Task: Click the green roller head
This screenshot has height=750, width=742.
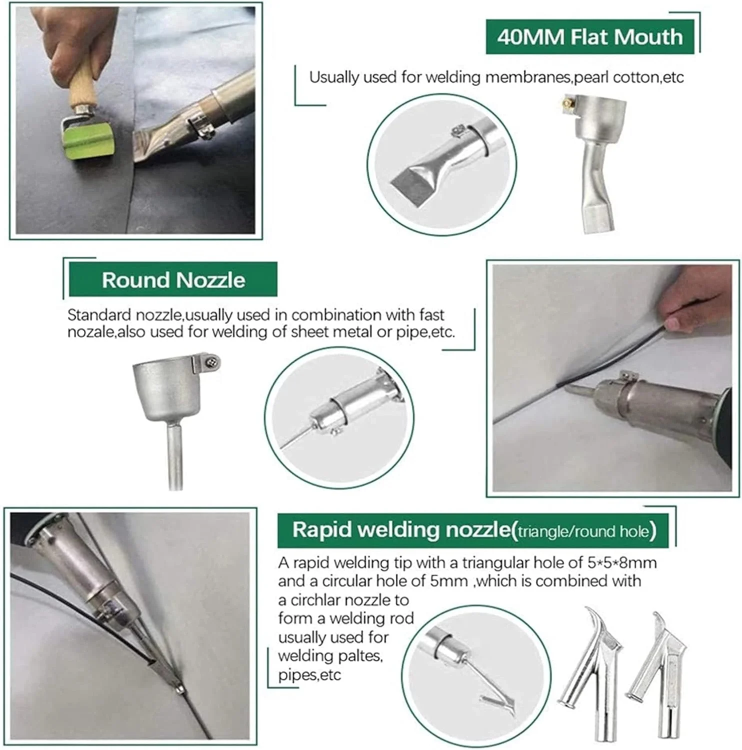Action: (89, 141)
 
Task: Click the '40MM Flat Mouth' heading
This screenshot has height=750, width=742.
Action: (590, 37)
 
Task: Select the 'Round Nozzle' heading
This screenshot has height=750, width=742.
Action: (173, 280)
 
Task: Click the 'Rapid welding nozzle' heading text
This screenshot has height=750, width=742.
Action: (402, 529)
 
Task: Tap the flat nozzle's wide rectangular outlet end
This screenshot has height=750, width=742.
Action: (598, 217)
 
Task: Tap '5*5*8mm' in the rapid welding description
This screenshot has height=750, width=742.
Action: (622, 563)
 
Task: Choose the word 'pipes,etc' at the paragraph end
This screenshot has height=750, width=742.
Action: (309, 675)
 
